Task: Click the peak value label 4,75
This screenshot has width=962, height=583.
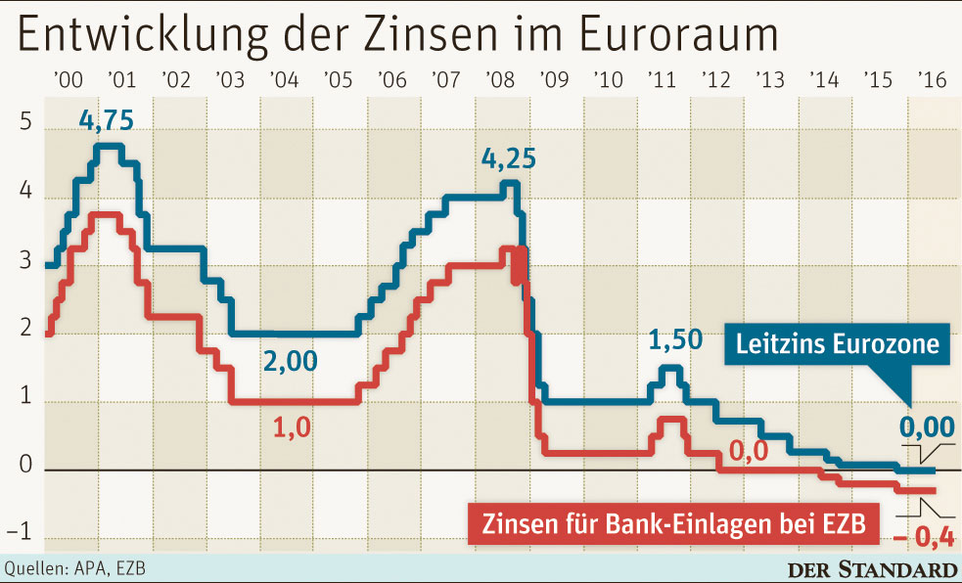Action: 106,123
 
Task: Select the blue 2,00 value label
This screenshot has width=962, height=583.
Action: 290,361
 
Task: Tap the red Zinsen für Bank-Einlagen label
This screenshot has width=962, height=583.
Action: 673,523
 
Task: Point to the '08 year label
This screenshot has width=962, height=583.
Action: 498,79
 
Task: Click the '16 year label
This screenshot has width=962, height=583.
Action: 929,79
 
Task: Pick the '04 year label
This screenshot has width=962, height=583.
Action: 282,79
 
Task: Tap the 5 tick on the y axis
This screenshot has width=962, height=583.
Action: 25,125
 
